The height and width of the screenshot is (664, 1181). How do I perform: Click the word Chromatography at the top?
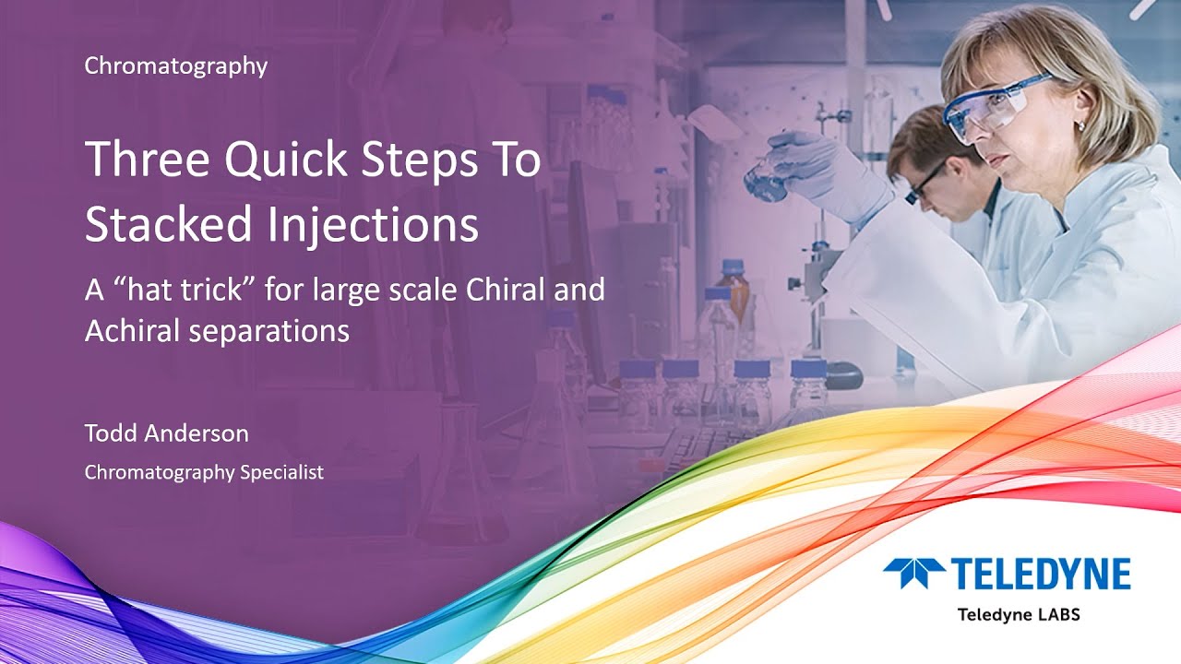point(175,66)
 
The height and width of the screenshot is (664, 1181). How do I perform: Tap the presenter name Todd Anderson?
point(166,433)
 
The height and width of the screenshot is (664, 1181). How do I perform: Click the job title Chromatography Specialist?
point(204,472)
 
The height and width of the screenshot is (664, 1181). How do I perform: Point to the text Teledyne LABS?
point(1018,614)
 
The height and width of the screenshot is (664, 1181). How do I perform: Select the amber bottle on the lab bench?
point(735,290)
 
